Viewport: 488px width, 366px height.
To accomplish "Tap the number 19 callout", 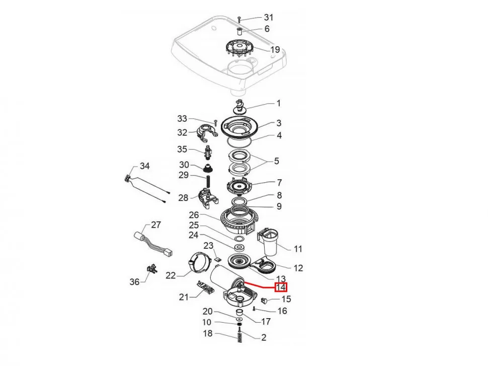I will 275,49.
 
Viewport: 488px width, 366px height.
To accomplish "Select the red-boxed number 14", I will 281,287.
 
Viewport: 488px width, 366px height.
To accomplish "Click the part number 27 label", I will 155,225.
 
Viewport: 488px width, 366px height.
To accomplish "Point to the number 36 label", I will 134,282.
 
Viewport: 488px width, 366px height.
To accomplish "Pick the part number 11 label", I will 298,248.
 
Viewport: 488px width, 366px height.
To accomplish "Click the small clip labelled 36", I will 150,270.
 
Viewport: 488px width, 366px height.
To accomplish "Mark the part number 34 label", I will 144,166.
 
